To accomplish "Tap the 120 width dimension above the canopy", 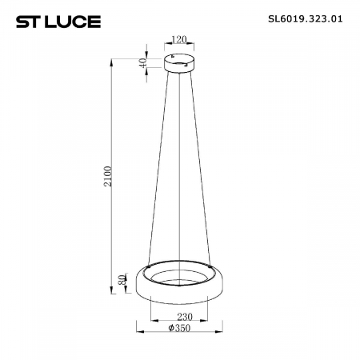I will tap(179, 38).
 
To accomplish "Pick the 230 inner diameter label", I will tap(178, 315).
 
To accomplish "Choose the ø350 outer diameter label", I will tap(178, 328).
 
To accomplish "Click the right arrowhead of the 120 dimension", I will tap(192, 44).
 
